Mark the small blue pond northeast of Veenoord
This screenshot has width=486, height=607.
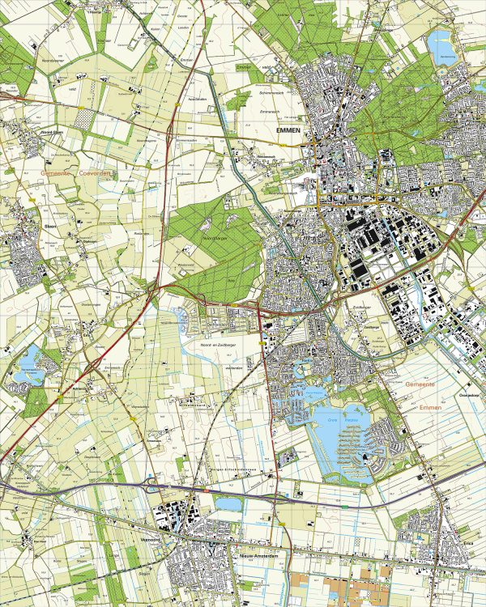pos(228,504)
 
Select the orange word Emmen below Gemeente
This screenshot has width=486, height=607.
pos(431,408)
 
